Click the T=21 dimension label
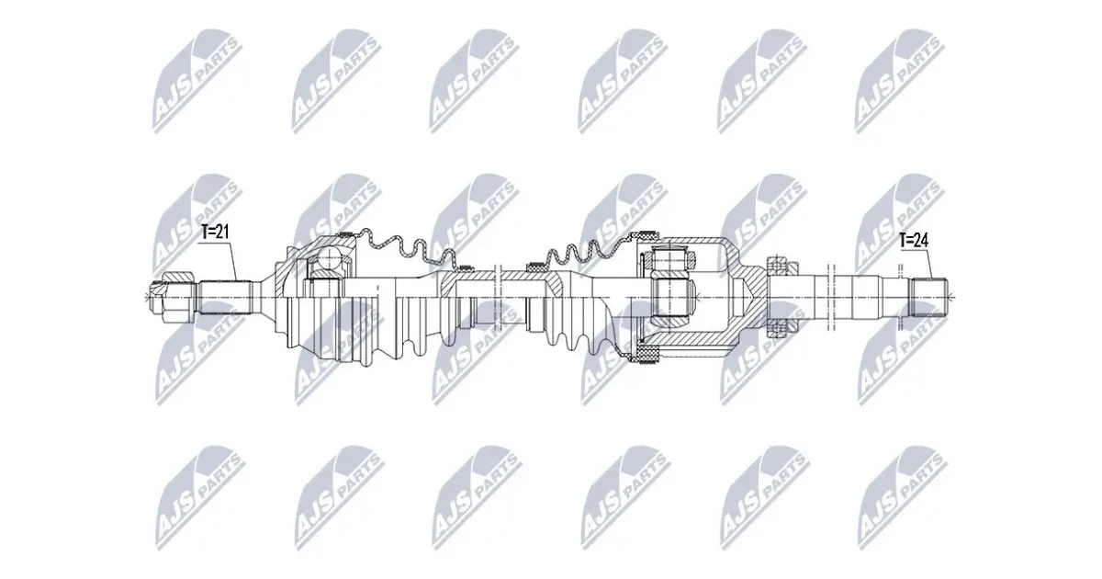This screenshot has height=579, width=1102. click(215, 233)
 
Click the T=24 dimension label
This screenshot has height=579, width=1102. click(914, 241)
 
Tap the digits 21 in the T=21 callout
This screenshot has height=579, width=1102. click(222, 233)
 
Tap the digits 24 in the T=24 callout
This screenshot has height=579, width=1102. click(921, 241)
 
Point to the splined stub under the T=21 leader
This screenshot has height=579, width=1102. click(225, 297)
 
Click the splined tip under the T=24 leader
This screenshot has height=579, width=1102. click(928, 297)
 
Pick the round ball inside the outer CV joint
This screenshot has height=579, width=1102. click(328, 258)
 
